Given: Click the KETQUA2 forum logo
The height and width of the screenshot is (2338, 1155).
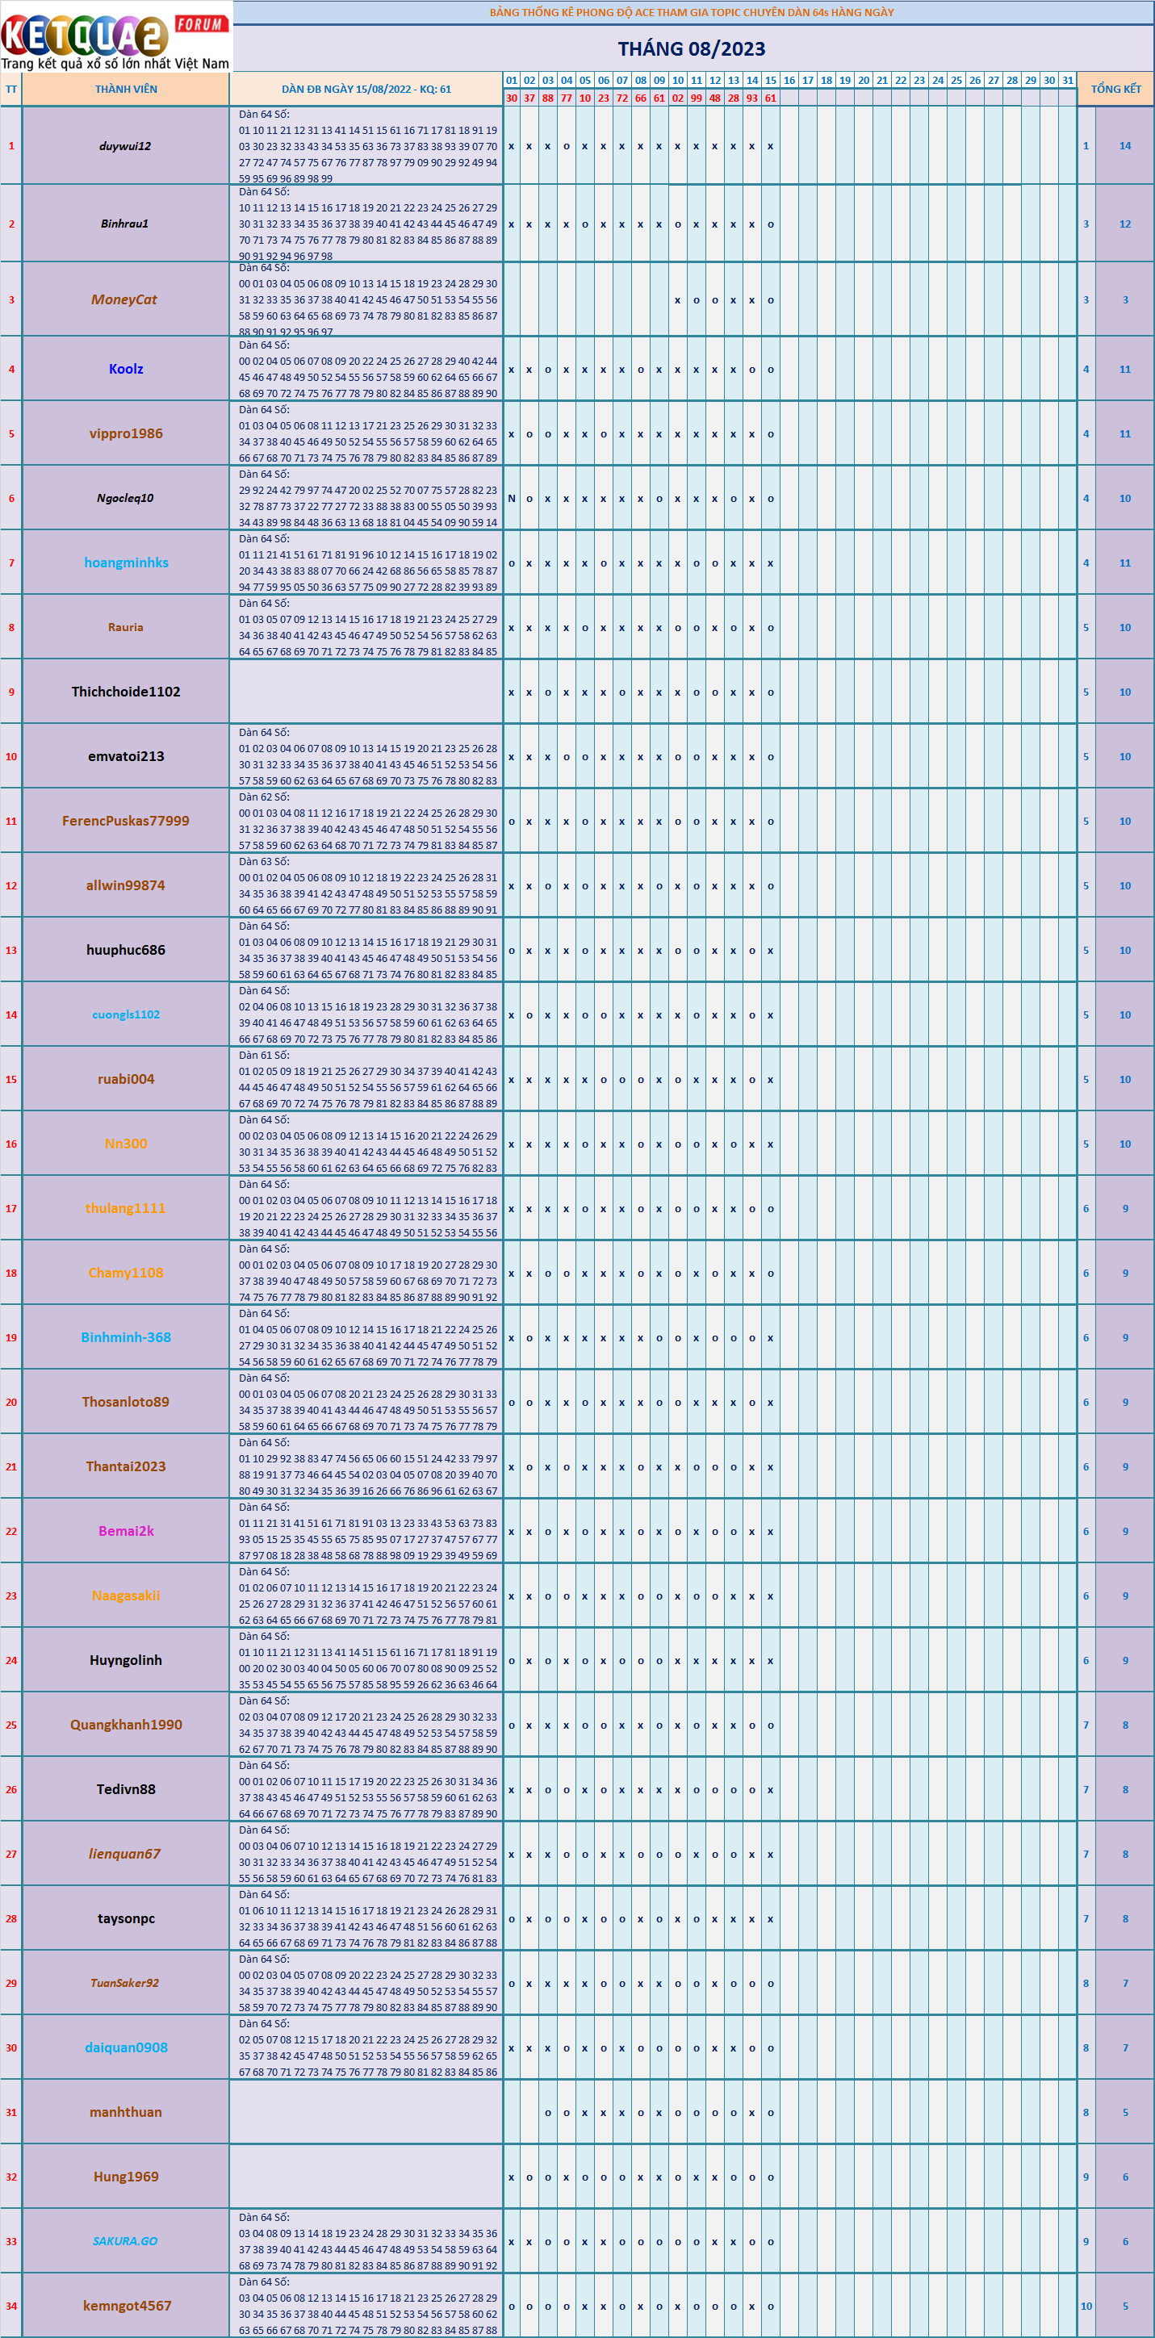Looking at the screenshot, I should (115, 37).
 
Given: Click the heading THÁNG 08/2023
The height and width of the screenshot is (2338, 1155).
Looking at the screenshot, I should (691, 49).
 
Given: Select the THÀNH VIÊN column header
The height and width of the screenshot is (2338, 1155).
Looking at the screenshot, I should (126, 89).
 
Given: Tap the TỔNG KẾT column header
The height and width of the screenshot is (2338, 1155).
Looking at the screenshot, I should (1115, 89).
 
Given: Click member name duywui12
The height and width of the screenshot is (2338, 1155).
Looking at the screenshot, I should (125, 146).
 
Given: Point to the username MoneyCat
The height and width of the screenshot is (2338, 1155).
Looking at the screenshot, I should (124, 299).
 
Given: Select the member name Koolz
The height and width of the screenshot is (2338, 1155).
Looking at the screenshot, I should (126, 370).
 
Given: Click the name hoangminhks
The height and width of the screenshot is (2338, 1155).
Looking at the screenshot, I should (126, 563).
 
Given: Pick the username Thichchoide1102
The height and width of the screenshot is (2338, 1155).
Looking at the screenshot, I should (126, 692).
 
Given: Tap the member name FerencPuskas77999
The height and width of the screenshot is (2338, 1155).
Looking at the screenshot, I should (126, 821).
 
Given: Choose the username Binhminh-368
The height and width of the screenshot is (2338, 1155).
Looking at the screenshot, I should (126, 1337).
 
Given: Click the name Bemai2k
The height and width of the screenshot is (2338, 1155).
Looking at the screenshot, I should (126, 1530).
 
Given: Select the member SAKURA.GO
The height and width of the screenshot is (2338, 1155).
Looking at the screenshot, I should (125, 2241).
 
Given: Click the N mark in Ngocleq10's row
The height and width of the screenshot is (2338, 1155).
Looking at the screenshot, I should (511, 498).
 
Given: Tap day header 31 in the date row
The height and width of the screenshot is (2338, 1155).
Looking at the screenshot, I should (1068, 80).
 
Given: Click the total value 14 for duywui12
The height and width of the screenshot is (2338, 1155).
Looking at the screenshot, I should (1125, 146).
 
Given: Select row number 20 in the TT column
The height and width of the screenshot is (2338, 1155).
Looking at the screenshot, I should (11, 1403).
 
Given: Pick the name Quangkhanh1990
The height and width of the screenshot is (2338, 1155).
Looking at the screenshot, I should (126, 1725).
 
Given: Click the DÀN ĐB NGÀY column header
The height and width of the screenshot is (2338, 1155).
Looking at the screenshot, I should (366, 89).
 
